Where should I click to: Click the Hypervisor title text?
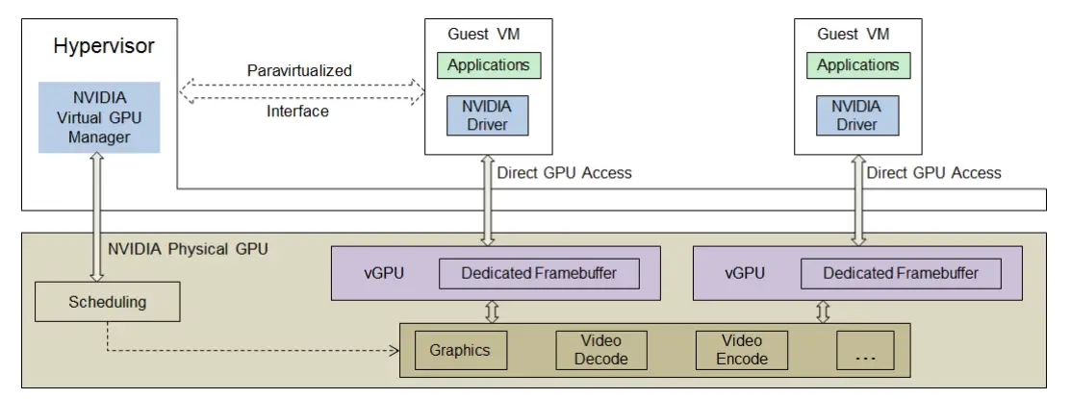[104, 46]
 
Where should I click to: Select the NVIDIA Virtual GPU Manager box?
[99, 117]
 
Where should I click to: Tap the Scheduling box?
[107, 302]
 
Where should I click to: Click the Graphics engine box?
[460, 350]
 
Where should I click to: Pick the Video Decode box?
[601, 350]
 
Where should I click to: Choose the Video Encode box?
[742, 350]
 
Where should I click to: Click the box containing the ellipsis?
[865, 350]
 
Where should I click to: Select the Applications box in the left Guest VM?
[489, 65]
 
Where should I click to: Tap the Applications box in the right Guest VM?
[858, 65]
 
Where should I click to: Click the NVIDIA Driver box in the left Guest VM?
[489, 114]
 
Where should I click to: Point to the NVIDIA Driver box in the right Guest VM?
[856, 114]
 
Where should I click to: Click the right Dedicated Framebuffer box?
[901, 273]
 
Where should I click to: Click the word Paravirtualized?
[299, 70]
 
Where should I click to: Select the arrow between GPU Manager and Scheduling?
[98, 217]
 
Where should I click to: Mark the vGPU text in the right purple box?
[745, 273]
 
